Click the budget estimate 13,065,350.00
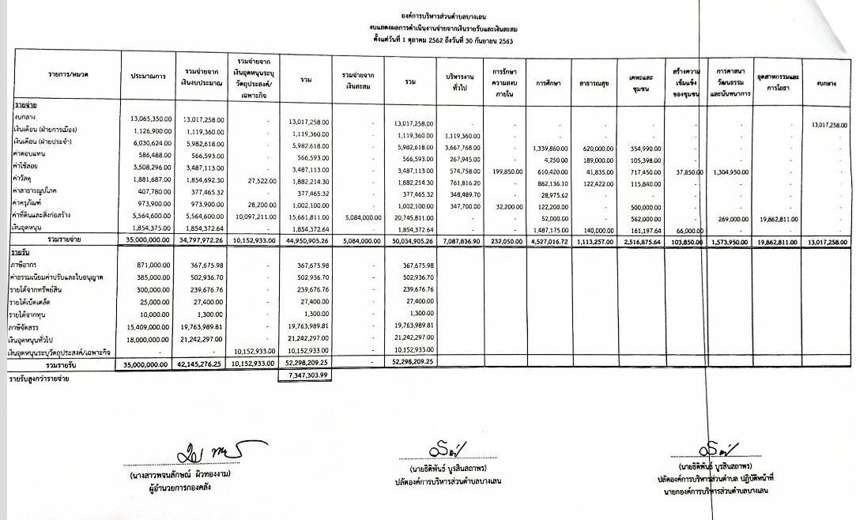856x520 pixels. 146,118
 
